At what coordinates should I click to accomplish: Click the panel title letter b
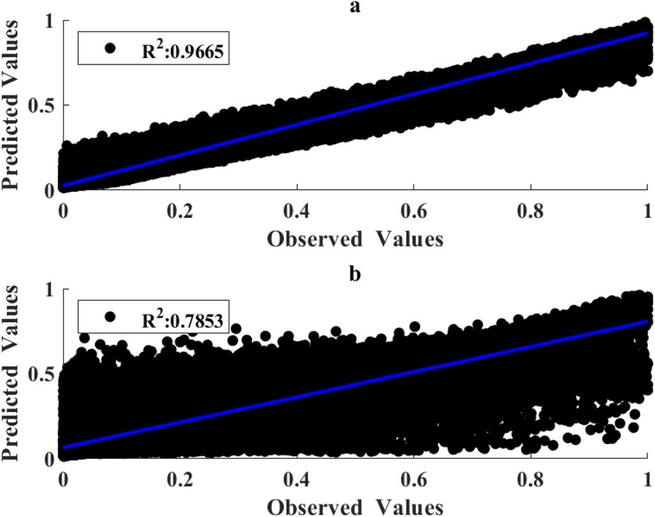355,273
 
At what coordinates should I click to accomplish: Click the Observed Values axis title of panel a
355,239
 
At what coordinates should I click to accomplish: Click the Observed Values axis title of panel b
355,506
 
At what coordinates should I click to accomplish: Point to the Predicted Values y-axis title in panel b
12,374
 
